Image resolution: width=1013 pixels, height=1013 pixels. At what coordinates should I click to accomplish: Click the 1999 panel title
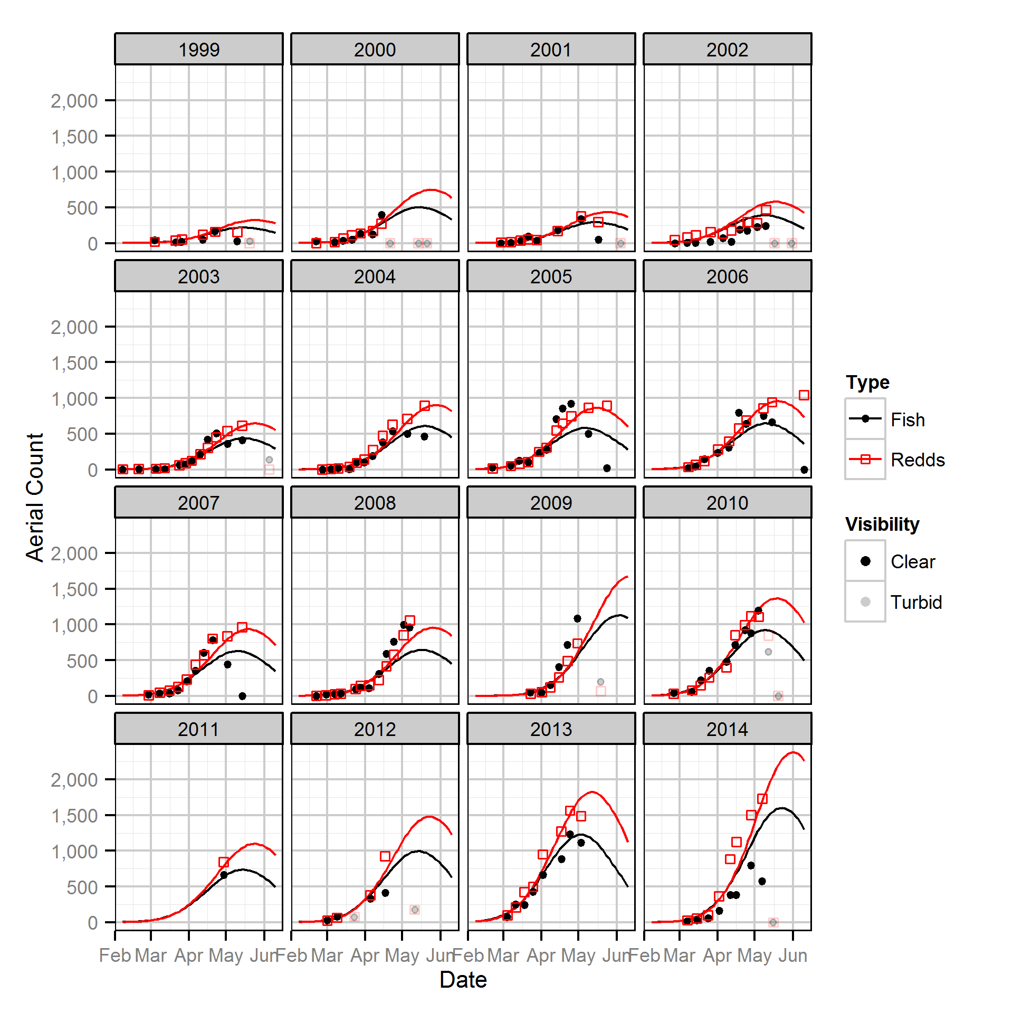coord(198,50)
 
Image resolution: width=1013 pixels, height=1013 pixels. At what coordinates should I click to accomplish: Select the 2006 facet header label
coord(727,276)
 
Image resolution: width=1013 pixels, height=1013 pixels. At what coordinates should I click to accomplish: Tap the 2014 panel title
coord(727,729)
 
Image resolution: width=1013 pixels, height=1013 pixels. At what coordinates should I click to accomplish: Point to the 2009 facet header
coord(551,503)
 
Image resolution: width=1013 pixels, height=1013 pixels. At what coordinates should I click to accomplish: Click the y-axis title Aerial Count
coord(35,497)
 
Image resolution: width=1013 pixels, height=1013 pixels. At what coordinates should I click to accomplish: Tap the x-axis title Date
coord(463,980)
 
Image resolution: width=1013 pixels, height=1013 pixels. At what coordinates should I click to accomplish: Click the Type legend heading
coord(867,382)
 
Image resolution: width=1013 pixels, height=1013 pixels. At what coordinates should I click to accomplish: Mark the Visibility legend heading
coord(882,524)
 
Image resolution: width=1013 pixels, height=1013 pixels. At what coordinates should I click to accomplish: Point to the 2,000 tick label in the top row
coord(74,100)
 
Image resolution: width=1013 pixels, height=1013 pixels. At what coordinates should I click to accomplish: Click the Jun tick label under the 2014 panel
coord(793,955)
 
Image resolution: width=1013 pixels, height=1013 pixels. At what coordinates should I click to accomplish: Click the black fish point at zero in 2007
coord(242,696)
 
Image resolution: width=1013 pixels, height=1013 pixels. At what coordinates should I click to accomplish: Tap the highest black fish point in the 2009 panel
coord(577,618)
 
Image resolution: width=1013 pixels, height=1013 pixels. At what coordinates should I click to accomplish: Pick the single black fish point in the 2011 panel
coord(224,875)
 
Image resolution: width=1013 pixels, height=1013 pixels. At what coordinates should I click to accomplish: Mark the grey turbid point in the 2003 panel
coord(269,460)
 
